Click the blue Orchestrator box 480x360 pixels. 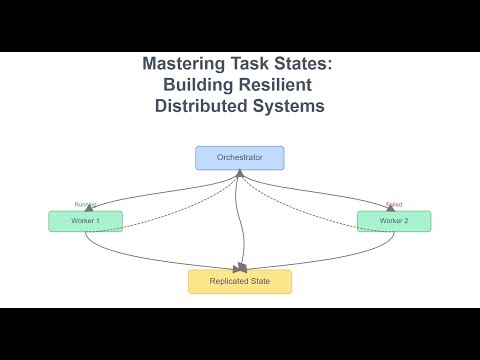point(239,158)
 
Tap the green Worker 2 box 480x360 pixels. point(393,221)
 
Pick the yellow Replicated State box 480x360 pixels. point(240,281)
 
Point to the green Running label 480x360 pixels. point(85,204)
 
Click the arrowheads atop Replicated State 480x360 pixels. point(240,267)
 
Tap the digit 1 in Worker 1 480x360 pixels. point(97,221)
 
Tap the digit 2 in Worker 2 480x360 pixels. point(406,221)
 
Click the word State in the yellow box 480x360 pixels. point(261,281)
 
